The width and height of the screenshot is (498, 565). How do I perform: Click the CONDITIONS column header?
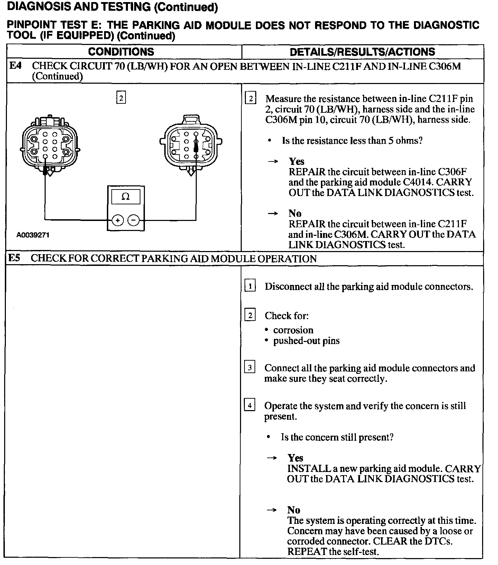[121, 52]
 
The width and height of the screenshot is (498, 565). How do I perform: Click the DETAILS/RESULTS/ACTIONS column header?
[362, 52]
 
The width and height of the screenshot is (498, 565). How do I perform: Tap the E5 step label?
[15, 258]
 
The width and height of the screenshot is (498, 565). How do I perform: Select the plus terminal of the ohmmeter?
[118, 220]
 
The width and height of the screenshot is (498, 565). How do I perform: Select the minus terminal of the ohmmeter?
[133, 220]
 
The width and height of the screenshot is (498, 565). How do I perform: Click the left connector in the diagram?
[50, 145]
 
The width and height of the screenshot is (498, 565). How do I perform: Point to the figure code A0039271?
[33, 235]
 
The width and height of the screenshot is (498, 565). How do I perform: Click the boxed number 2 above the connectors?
[121, 98]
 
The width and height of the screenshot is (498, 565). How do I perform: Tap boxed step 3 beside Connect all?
[249, 368]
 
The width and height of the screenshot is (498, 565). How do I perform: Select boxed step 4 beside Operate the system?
[249, 405]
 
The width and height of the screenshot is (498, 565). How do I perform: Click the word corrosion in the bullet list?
[293, 330]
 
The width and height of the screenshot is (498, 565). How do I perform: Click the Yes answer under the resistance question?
[297, 161]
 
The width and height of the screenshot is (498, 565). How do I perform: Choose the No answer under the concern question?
[294, 510]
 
